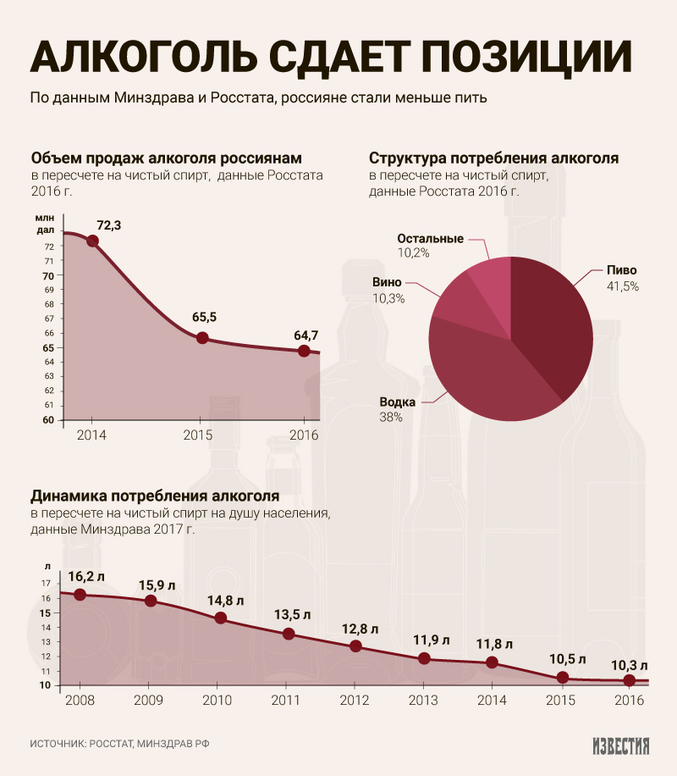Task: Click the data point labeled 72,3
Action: pyautogui.click(x=92, y=241)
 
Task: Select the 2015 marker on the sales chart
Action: pyautogui.click(x=202, y=338)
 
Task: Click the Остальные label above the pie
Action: pyautogui.click(x=430, y=238)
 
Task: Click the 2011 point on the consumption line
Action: pyautogui.click(x=289, y=634)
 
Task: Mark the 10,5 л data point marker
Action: pyautogui.click(x=563, y=678)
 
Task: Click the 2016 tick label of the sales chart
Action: pyautogui.click(x=303, y=435)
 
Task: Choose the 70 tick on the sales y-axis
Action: pyautogui.click(x=47, y=275)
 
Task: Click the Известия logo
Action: pyautogui.click(x=620, y=746)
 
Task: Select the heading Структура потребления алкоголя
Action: pyautogui.click(x=493, y=158)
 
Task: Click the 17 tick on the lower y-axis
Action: pyautogui.click(x=47, y=584)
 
